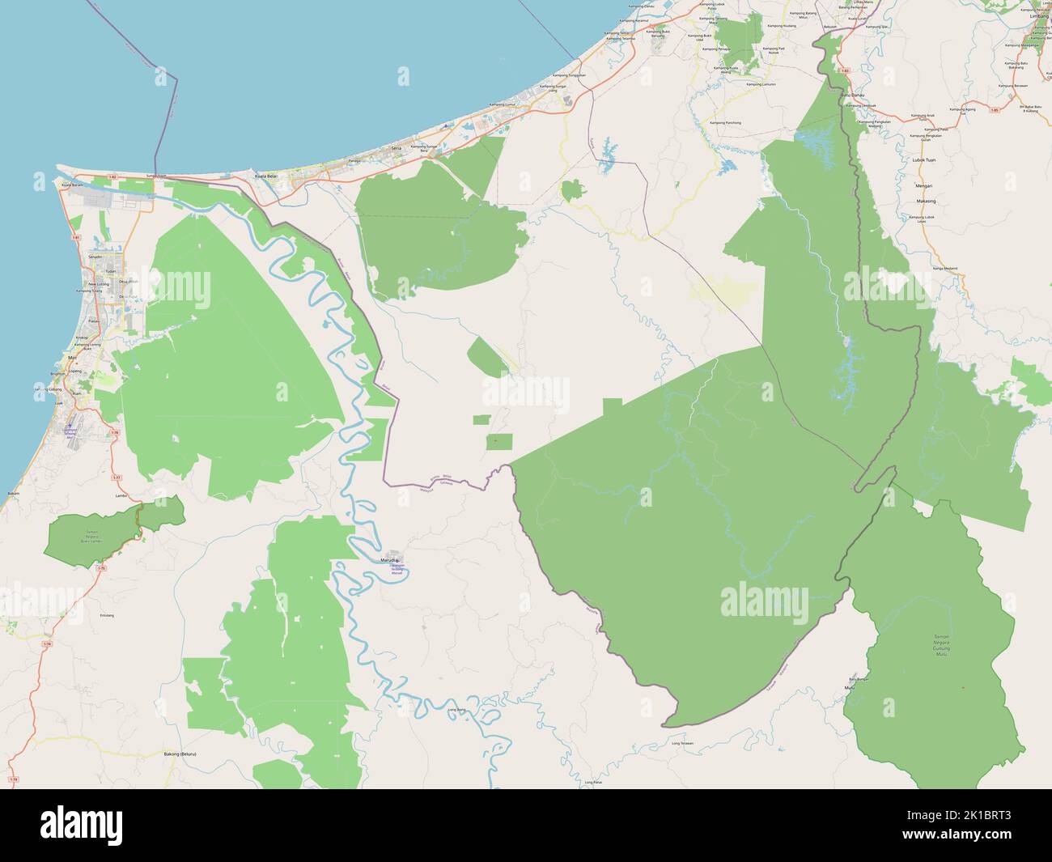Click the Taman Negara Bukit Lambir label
point(95,535)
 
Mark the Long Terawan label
point(683,741)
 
